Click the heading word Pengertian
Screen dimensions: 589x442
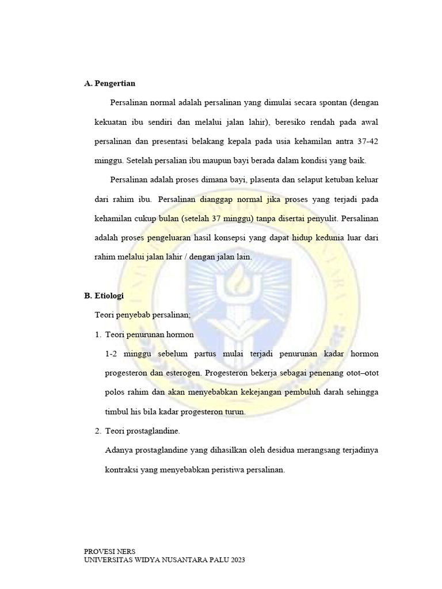click(115, 83)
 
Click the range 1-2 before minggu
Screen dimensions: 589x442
click(112, 353)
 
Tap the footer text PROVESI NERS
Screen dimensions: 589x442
click(110, 551)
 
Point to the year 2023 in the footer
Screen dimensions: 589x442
click(237, 560)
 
